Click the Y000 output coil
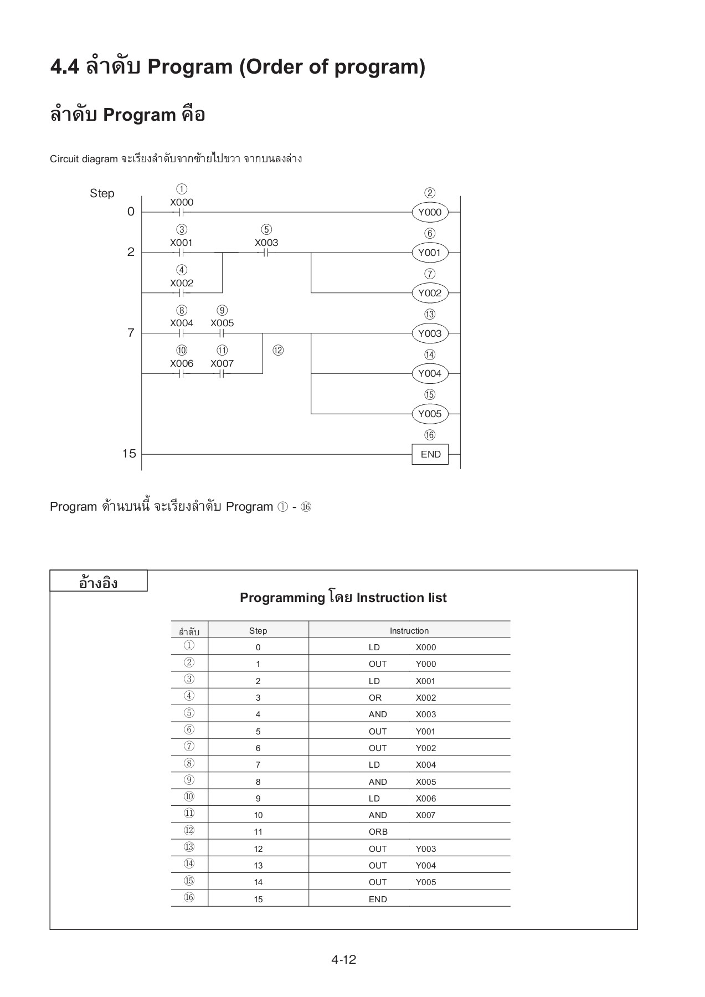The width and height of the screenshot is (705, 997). pos(429,212)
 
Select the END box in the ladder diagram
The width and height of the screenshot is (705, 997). pos(430,454)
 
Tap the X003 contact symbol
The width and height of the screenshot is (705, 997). pos(266,253)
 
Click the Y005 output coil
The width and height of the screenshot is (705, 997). pos(429,414)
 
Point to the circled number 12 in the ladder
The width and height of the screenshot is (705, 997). pos(278,350)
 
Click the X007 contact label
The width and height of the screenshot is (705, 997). pos(222,363)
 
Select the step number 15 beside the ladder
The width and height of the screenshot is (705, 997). pos(129,454)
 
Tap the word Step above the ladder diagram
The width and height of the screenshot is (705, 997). pos(102,193)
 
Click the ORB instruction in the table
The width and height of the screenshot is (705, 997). pos(378,831)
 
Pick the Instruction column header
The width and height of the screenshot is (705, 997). pos(409,630)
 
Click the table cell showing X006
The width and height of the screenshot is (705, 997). pos(425,798)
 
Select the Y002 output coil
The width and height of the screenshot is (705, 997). pos(429,293)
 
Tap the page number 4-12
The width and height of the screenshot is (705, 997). pos(343,959)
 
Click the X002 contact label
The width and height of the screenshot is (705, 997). pos(182,283)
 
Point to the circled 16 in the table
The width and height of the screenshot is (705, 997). pos(189,897)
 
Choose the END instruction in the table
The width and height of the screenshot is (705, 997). pos(378,899)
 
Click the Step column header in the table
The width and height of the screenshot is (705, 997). pos(258,630)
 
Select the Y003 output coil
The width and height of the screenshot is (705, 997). pos(429,333)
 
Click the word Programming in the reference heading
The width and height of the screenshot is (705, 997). pos(282,598)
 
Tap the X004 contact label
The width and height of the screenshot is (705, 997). pos(182,323)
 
